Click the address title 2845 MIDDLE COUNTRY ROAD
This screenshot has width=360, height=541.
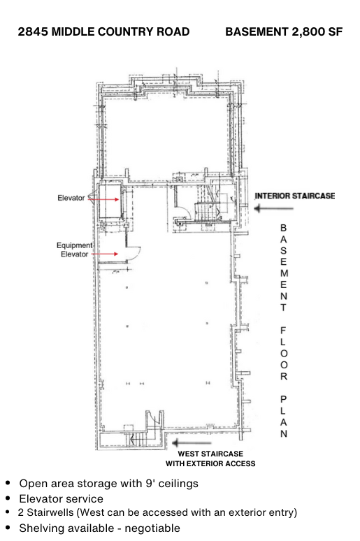(103, 31)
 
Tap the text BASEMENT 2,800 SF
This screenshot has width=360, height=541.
(284, 31)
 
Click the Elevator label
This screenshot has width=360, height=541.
(71, 198)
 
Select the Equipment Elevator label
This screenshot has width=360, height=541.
(74, 250)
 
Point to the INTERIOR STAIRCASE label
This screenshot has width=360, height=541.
(295, 196)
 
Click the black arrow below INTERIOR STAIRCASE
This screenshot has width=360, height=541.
(274, 208)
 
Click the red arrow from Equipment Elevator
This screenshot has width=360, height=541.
(105, 254)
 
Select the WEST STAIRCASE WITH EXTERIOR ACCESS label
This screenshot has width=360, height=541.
(210, 459)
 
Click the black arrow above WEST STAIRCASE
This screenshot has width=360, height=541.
(192, 442)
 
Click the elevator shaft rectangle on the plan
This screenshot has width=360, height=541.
(110, 201)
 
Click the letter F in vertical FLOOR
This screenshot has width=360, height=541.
(283, 331)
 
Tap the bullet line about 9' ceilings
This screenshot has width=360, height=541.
(109, 484)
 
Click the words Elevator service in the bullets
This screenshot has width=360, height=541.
(61, 499)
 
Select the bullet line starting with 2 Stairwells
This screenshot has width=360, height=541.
(157, 513)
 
